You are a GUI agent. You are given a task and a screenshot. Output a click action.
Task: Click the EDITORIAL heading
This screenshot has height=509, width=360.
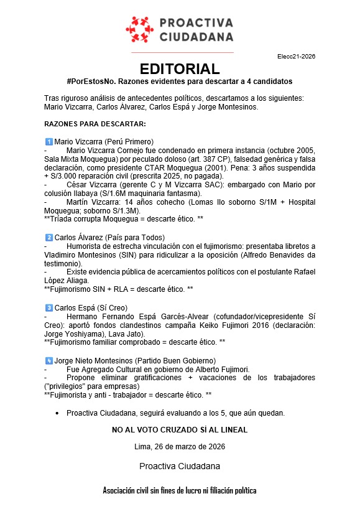180,69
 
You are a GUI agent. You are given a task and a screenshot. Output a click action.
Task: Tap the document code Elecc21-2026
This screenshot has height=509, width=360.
296,56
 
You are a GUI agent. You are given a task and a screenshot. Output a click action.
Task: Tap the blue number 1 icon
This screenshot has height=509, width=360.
49,141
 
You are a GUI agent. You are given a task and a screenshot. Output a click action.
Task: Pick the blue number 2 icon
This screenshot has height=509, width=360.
49,237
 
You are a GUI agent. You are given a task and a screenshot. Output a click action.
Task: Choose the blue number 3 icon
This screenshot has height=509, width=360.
49,308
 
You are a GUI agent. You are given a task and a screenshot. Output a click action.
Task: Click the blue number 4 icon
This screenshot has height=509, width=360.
49,361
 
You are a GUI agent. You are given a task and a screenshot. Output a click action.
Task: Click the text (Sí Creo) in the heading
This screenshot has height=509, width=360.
113,308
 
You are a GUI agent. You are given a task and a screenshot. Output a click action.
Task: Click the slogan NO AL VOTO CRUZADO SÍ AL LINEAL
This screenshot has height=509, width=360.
180,430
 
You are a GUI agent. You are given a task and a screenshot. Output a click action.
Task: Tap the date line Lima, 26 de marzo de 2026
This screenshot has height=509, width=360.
180,447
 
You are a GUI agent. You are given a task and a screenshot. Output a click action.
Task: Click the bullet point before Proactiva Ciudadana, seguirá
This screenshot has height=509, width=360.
57,413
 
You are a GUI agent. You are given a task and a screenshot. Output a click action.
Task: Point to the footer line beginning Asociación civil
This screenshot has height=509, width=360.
180,491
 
